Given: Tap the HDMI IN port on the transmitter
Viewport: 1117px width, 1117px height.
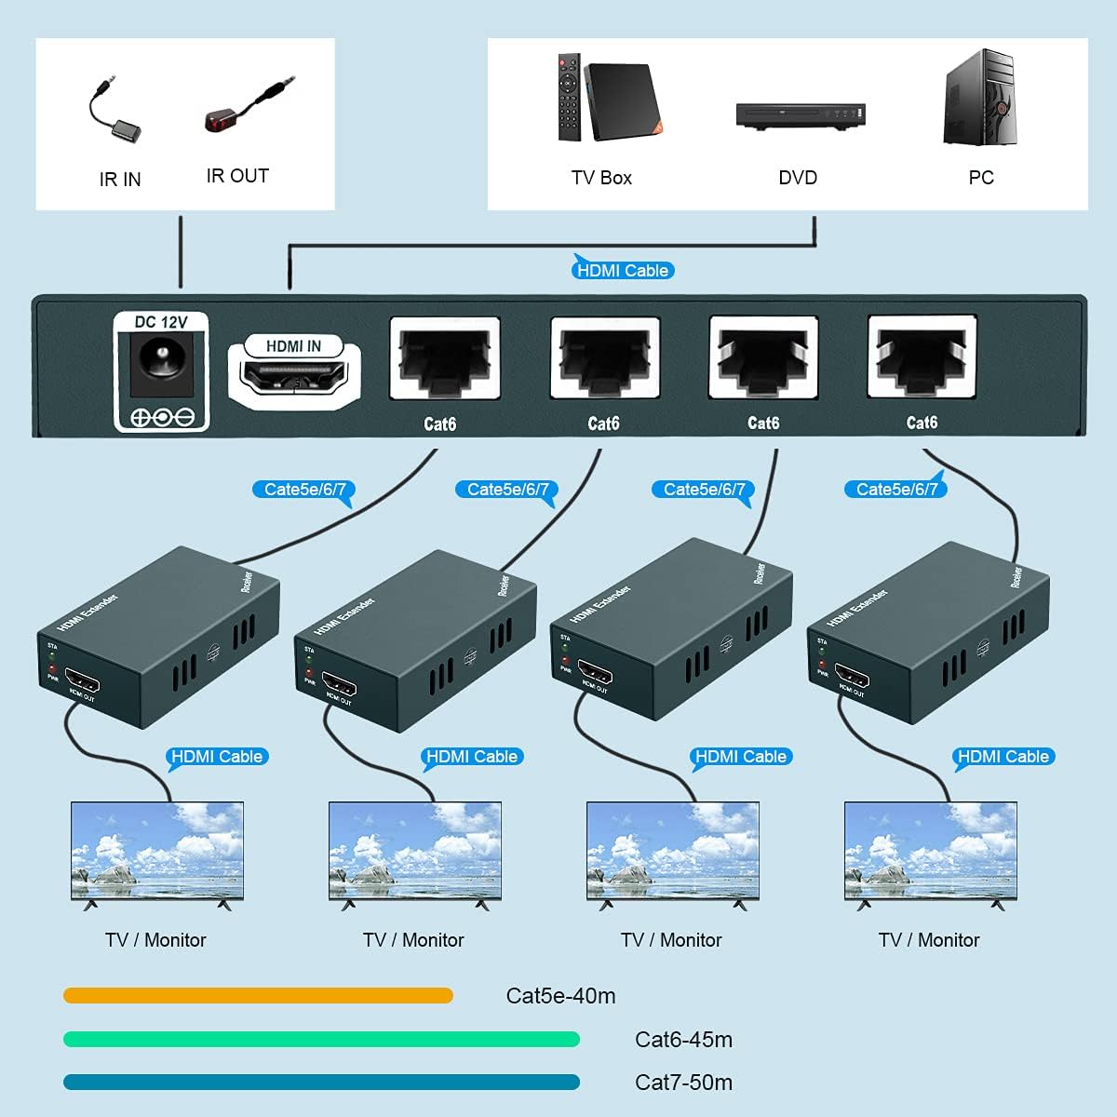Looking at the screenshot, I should tap(294, 377).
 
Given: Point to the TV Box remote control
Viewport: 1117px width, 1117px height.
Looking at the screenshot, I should tap(568, 98).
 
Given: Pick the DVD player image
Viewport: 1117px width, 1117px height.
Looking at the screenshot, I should tap(801, 114).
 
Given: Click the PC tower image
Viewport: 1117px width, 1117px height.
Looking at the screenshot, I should tap(979, 98).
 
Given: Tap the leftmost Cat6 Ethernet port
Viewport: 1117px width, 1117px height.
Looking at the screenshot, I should tap(445, 358).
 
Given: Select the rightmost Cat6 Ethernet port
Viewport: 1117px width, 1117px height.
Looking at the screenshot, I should tap(922, 357).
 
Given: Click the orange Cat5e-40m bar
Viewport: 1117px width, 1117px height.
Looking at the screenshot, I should tap(258, 996).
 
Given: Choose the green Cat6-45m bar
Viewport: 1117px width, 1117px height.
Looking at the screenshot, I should tap(321, 1039).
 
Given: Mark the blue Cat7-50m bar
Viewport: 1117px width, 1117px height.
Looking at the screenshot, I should tap(321, 1082).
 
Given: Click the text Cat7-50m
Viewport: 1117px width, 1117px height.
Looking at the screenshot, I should tap(683, 1083).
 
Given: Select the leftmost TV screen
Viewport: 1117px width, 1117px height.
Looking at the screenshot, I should tap(157, 849).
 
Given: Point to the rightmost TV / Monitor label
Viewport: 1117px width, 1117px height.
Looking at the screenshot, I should tap(929, 940).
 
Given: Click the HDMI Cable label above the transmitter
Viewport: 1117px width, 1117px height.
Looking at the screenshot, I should tap(623, 271).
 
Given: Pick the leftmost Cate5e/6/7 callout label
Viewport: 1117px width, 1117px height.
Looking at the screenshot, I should tap(304, 490).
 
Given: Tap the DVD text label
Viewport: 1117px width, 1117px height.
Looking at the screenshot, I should tap(798, 178).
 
